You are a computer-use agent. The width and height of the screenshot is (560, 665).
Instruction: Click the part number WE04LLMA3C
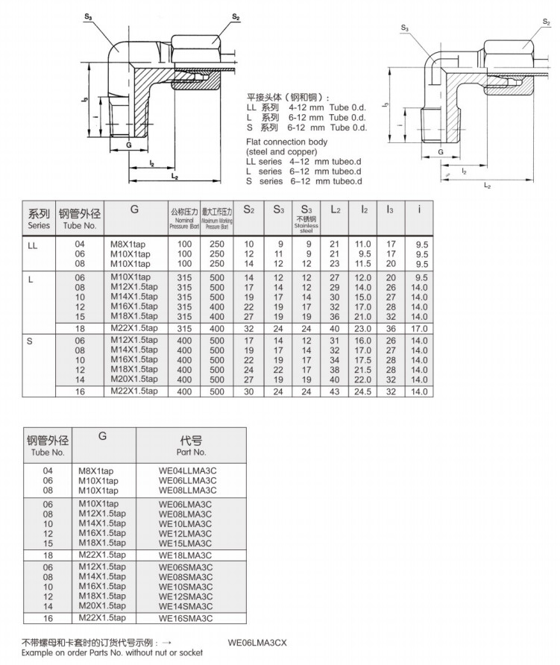[186, 470]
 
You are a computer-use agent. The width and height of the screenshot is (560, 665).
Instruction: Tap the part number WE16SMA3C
[186, 618]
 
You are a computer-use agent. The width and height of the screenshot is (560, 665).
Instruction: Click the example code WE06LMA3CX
[258, 642]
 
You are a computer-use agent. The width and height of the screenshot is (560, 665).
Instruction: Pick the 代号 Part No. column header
[192, 446]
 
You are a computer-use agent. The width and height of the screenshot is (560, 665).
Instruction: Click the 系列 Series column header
[39, 218]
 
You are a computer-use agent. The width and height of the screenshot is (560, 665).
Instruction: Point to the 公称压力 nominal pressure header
[183, 218]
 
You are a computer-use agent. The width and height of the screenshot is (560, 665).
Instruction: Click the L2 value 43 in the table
[335, 391]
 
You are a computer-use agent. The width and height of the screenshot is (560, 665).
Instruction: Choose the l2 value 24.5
[363, 391]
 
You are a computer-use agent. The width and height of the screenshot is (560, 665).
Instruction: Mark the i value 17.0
[421, 328]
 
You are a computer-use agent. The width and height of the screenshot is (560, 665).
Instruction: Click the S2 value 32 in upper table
[249, 328]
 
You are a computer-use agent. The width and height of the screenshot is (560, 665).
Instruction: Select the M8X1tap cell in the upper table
[130, 245]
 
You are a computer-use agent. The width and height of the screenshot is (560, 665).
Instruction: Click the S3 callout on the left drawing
[89, 16]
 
